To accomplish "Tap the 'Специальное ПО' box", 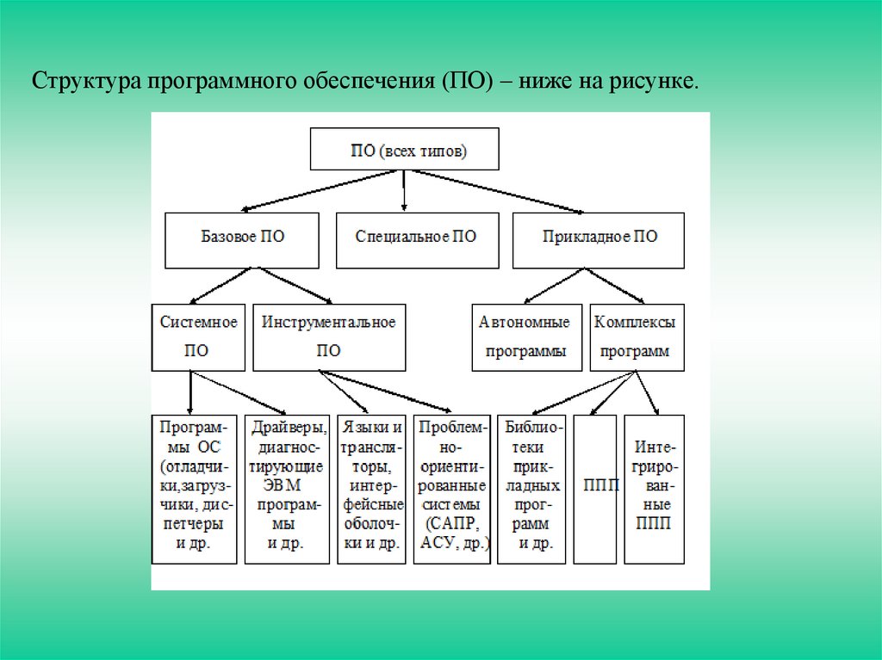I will pos(415,237).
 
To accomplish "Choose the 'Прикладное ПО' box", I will pos(599,237).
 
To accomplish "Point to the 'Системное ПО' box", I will pos(198,336).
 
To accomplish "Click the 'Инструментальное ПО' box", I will pos(328,336).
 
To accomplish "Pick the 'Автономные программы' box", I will pos(525,336).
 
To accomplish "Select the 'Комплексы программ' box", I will pos(637,336).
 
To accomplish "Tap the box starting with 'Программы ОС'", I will pos(194,488).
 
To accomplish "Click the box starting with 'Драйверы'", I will pos(287,488).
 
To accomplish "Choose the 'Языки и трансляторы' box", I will pos(371,488).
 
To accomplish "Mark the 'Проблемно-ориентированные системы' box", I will pos(452,488).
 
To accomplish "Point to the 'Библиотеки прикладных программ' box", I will pos(531,488).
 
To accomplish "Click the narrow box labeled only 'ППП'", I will pos(595,488).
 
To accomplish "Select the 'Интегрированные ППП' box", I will pos(655,488).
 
